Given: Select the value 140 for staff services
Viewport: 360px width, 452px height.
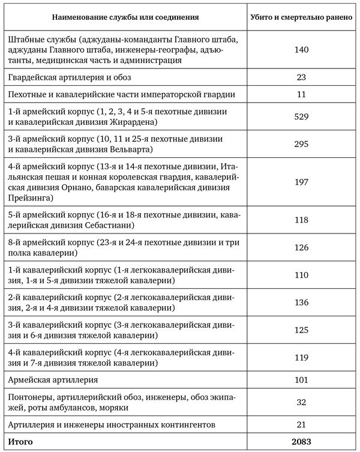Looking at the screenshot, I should pos(302,50).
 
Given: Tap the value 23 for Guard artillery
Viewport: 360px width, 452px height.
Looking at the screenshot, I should pos(302,77).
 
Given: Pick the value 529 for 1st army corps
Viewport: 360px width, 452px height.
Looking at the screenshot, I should pos(302,117).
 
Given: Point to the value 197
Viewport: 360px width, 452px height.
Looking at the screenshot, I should pos(302,181).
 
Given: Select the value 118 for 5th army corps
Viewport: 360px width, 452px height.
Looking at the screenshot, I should pos(302,220).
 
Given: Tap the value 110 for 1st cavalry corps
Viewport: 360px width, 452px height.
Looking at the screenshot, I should pos(302,276).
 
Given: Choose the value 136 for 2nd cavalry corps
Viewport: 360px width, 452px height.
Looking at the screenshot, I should pos(302,303).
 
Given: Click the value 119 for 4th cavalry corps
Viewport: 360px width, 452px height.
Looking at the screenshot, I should pos(302,357).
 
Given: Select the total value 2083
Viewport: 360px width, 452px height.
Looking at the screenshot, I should pos(302,442).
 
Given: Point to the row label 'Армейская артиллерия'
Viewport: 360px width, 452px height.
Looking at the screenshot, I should pos(53,380).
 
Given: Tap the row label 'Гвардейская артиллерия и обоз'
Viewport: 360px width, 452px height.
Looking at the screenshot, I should pos(70,77).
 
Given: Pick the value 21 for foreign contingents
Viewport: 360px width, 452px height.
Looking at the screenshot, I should pos(302,425).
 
